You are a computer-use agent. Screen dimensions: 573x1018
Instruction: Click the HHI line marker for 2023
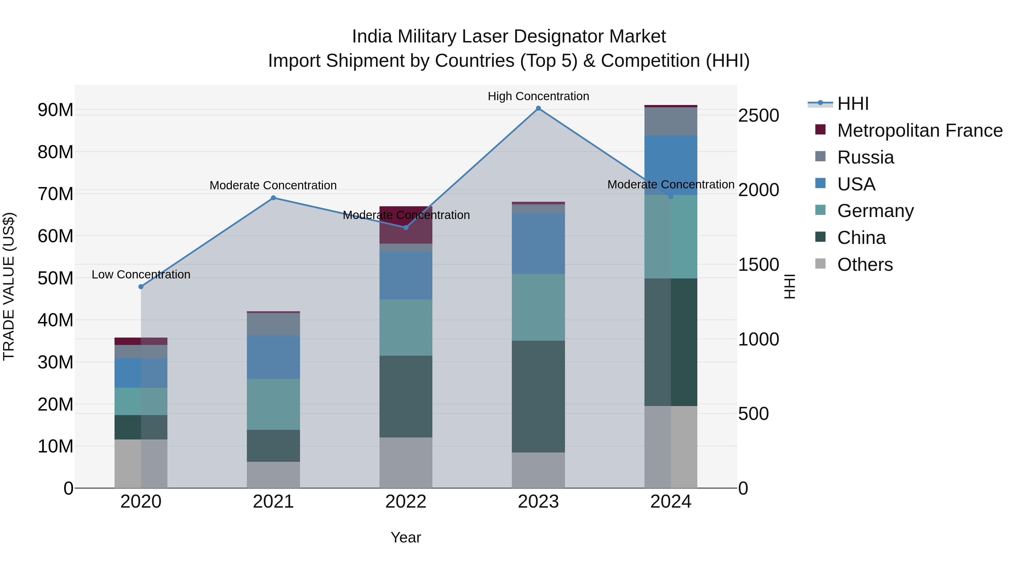[538, 108]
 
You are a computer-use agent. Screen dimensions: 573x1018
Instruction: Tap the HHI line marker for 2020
[141, 287]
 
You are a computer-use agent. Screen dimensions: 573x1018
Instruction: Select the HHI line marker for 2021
[273, 198]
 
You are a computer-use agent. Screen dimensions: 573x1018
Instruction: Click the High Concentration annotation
[538, 96]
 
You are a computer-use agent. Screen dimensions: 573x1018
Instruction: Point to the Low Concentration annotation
[141, 274]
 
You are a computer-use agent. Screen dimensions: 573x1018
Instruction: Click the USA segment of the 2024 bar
[671, 165]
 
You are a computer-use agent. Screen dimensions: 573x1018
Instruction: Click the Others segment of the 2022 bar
[406, 463]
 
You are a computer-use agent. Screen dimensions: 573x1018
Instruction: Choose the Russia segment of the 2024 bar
[671, 121]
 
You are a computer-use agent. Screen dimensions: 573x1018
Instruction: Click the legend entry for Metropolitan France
[920, 130]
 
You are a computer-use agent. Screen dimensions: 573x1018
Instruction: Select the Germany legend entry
[875, 211]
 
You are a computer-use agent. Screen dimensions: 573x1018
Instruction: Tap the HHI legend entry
[853, 104]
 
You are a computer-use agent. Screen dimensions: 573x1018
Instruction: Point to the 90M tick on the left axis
[55, 110]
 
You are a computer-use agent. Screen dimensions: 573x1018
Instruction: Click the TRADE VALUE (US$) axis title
[9, 287]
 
